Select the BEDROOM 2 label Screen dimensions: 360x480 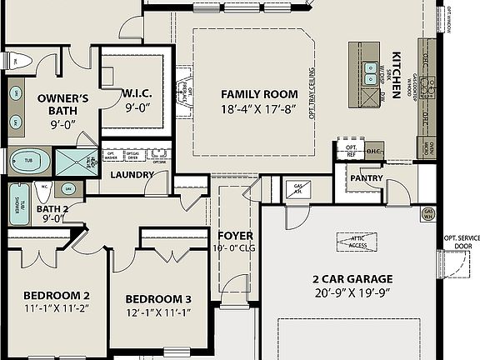pos(56,295)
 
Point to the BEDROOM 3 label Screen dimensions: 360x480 pos(158,299)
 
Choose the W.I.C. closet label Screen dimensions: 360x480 pos(135,93)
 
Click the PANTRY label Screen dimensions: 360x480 pos(366,177)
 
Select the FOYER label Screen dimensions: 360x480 pos(236,236)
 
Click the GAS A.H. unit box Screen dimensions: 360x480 pos(297,190)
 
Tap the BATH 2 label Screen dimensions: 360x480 pos(52,208)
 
